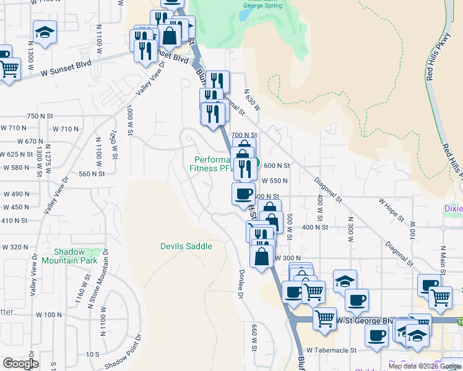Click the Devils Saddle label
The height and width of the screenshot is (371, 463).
[x=186, y=246]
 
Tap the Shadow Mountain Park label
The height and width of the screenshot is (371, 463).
[x=76, y=256]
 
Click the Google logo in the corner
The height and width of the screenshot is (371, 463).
[x=20, y=364]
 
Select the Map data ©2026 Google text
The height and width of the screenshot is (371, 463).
[x=424, y=366]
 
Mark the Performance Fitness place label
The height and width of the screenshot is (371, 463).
[x=210, y=164]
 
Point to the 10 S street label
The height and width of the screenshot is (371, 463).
[x=93, y=354]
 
